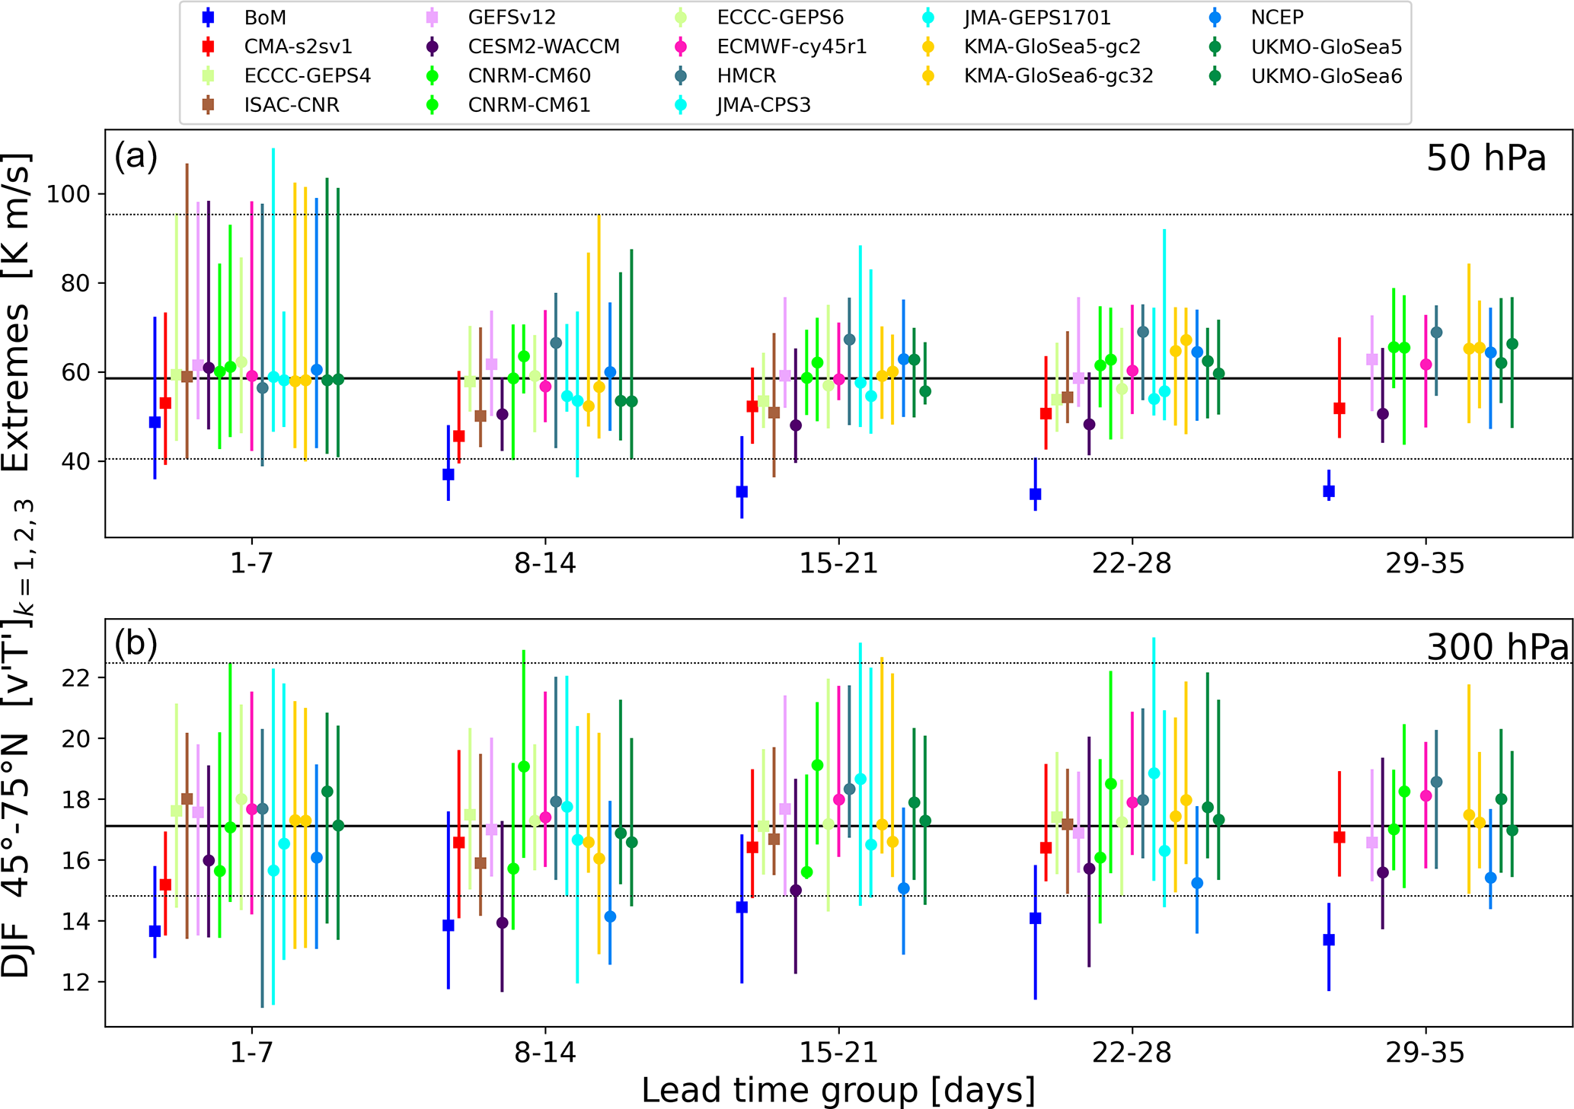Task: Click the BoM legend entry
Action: (265, 17)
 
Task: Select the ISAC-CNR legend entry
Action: (292, 105)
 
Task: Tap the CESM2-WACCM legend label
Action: (544, 46)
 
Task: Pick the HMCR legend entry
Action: (746, 76)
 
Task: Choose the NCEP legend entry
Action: (1277, 17)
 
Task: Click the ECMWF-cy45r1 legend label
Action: (792, 46)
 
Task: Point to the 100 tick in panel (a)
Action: (69, 194)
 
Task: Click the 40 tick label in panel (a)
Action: (74, 461)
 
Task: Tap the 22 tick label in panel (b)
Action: (74, 677)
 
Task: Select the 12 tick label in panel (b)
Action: (74, 982)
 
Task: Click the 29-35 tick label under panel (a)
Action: (1425, 564)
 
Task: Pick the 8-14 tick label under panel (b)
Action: (545, 1053)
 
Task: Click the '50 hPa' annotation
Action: (1486, 158)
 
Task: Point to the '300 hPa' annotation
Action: (1497, 647)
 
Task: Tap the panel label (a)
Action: (136, 157)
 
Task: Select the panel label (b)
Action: (136, 645)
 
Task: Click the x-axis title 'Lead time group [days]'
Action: (838, 1090)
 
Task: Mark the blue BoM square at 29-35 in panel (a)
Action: (1329, 491)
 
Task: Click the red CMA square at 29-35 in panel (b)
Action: (1339, 837)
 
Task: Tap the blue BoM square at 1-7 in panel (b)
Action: (155, 931)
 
